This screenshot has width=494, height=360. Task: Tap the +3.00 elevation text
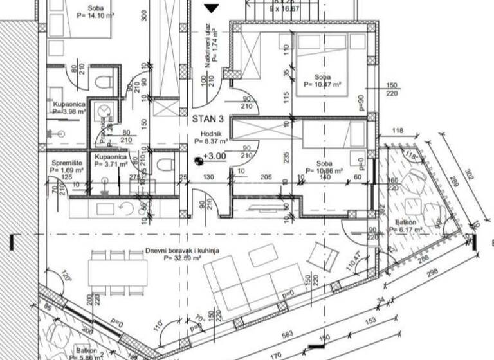tap(215, 156)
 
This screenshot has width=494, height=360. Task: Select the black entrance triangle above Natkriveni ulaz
tap(212, 8)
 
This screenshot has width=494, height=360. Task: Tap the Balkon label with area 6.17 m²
tap(405, 226)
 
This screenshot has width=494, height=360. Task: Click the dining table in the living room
tap(117, 269)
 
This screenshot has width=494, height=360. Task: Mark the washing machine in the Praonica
tap(102, 112)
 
